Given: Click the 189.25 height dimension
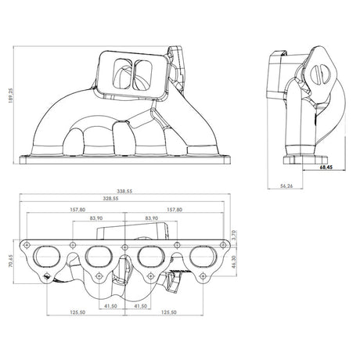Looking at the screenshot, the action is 11,95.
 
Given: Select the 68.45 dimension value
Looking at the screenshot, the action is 326,167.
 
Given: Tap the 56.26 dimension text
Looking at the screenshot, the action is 286,186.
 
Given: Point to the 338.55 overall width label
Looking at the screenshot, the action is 124,191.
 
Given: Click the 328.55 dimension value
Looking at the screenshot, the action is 110,199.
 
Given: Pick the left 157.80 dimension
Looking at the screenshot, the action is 77,210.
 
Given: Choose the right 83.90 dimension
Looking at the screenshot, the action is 152,218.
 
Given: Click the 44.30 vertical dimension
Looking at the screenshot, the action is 234,261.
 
